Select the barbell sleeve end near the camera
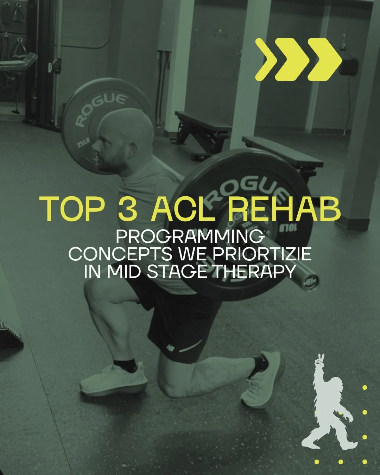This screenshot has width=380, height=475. (x=310, y=280)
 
